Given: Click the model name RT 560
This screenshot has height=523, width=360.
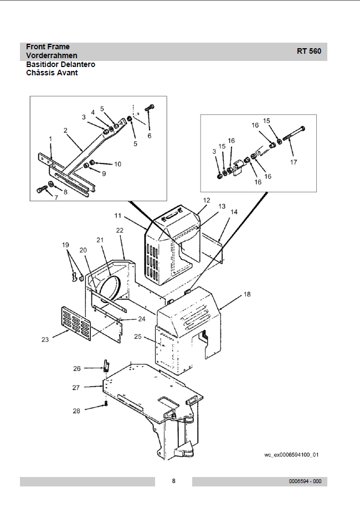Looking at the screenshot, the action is point(308,51).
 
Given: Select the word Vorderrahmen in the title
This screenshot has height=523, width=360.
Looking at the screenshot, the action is point(52,55).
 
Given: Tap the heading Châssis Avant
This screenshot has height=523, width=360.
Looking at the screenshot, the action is point(52,73).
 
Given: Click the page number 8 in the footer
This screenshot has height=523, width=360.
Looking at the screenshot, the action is point(173,481).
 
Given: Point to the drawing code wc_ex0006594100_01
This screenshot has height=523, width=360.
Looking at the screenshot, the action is point(291,455).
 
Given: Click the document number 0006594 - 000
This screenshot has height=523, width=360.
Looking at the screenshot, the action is point(305,481).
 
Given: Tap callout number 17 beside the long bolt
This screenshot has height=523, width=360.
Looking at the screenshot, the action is point(294,162).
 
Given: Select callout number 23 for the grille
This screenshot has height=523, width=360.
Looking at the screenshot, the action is point(45,340).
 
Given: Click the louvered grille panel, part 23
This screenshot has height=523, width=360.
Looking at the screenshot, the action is point(76,324).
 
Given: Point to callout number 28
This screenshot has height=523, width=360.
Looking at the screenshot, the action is point(76,411).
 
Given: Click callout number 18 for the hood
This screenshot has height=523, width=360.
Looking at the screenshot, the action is point(247,294).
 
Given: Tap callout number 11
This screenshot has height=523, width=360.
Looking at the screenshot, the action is point(117,216).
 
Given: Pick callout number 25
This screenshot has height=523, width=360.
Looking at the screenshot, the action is point(138,336).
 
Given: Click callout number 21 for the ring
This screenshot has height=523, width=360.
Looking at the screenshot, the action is point(100,240).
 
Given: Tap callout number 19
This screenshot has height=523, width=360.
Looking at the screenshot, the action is point(65,245).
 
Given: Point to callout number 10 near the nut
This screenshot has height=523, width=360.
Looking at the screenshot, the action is point(117,164).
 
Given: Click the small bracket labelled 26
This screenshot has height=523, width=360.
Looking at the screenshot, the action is point(106,366).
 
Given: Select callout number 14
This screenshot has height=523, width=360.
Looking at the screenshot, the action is point(234,212).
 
